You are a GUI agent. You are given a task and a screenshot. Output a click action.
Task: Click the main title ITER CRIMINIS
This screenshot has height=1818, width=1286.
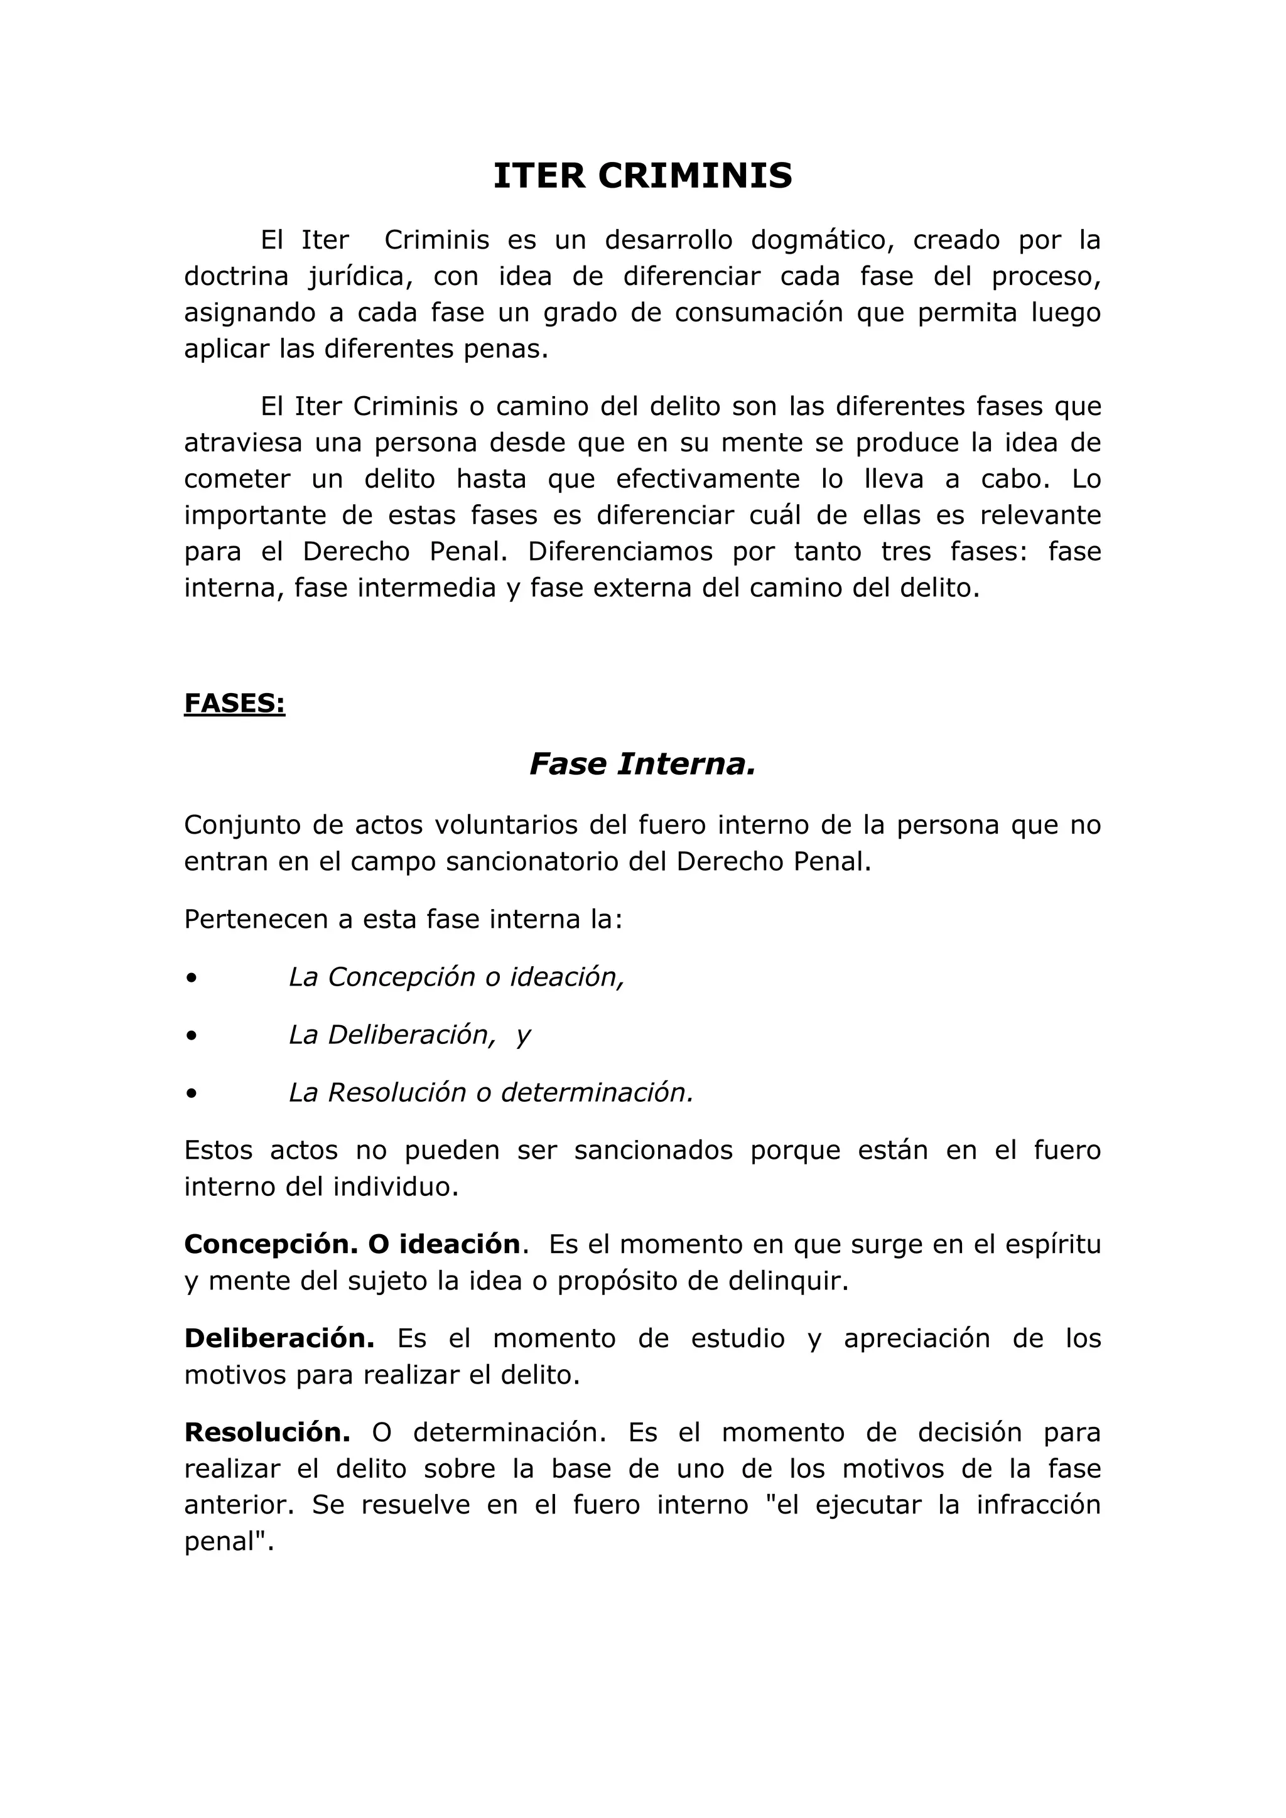tap(642, 176)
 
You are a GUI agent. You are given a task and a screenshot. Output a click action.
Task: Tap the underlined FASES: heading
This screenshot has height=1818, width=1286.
tap(234, 703)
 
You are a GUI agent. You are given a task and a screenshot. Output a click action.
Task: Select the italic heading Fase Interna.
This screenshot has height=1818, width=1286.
tap(642, 764)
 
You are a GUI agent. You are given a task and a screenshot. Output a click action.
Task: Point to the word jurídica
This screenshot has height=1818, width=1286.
tap(361, 276)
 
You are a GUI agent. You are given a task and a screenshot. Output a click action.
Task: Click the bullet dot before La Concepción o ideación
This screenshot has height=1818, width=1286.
tap(191, 978)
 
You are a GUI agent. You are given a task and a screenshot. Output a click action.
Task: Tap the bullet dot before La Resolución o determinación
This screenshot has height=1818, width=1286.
tap(191, 1094)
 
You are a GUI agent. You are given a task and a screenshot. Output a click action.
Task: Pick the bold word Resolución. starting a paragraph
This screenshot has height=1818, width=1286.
tap(267, 1433)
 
